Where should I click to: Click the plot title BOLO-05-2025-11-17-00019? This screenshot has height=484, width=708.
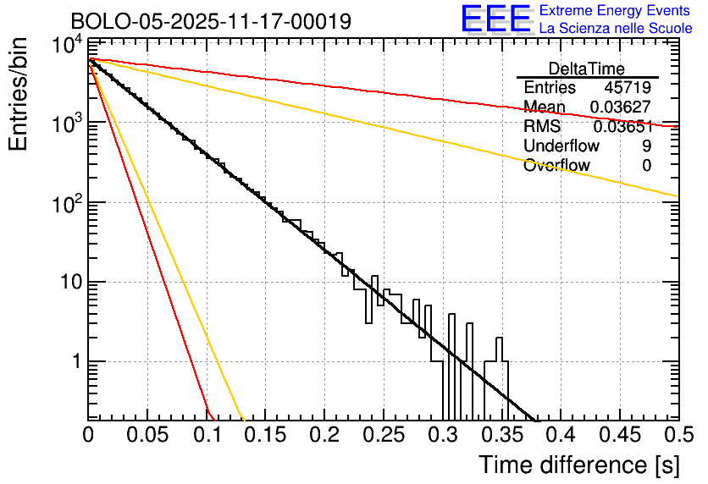coord(211,21)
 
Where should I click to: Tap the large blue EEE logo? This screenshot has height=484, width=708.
coord(495,20)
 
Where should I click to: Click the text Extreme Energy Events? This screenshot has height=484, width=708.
coord(615,11)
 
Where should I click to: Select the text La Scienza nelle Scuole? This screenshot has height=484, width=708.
coord(615,29)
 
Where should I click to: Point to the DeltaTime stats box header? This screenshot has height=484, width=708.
coord(587,69)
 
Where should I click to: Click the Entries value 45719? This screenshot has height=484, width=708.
coord(628,88)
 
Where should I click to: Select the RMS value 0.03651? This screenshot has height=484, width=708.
coord(622,127)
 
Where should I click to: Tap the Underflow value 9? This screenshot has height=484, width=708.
coord(646,146)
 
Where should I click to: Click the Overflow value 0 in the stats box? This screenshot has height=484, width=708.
coord(646,166)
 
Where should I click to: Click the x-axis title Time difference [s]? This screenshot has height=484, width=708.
coord(578,465)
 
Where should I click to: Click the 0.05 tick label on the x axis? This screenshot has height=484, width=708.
coord(147,436)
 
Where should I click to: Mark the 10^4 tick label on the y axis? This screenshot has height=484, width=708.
coord(65,47)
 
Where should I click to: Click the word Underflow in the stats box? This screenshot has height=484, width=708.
coord(561,146)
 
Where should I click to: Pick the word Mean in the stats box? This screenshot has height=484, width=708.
coord(544,107)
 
